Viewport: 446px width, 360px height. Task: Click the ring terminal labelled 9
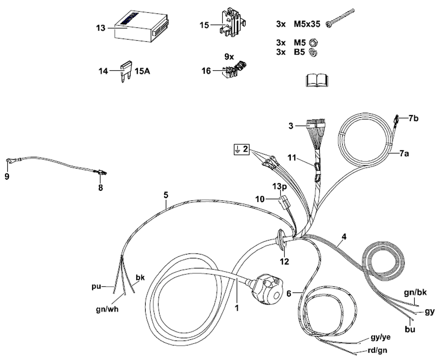(9, 161)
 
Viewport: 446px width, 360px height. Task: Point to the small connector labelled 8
(101, 173)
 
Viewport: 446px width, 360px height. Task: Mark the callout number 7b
(413, 119)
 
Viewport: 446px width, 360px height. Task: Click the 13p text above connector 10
(280, 186)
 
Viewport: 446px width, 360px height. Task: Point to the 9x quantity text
(229, 57)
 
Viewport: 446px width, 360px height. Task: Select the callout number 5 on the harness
(165, 195)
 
